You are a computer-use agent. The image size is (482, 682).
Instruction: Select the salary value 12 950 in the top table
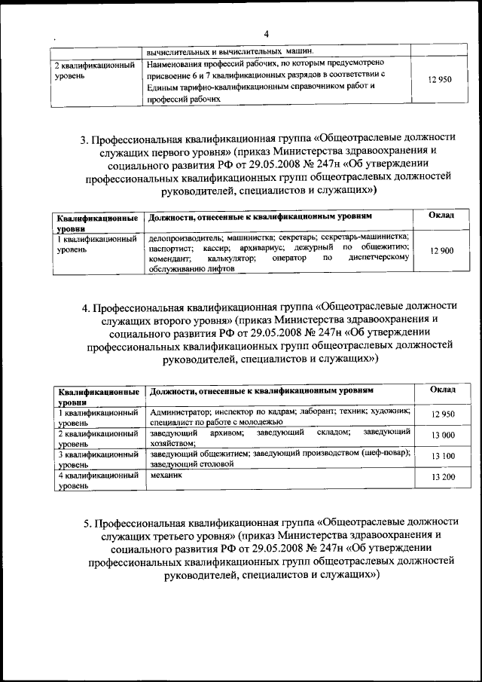tap(439, 79)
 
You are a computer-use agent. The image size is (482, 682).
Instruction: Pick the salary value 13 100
tap(442, 457)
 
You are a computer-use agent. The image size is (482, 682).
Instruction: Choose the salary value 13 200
tap(442, 478)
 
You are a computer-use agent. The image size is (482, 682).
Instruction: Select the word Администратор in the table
tap(177, 412)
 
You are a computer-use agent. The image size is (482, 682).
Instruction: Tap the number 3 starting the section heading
tap(84, 139)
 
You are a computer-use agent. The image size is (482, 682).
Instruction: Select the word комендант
tap(169, 258)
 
